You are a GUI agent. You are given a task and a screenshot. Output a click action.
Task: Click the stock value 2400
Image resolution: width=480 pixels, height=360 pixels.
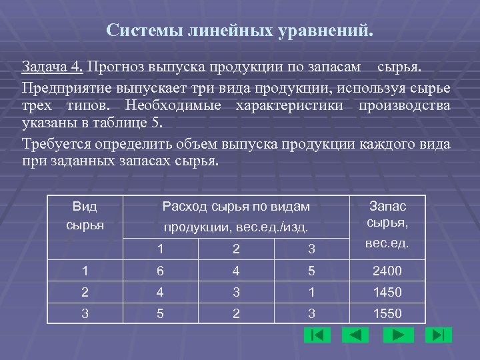(x=387, y=271)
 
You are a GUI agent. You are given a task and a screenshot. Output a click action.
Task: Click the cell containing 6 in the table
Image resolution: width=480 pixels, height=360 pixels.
(x=161, y=271)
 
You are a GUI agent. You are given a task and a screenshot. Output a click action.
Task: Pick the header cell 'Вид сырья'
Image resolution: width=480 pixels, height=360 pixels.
(x=85, y=216)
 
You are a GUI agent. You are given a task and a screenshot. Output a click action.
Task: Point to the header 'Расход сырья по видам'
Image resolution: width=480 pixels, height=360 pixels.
(x=236, y=207)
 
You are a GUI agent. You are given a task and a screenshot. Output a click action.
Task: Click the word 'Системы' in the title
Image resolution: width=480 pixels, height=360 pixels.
(x=137, y=31)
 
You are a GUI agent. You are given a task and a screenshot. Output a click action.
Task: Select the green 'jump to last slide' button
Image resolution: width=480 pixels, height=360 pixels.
(x=438, y=335)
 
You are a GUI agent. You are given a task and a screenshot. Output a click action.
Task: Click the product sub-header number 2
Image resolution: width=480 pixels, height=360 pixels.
(x=236, y=249)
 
